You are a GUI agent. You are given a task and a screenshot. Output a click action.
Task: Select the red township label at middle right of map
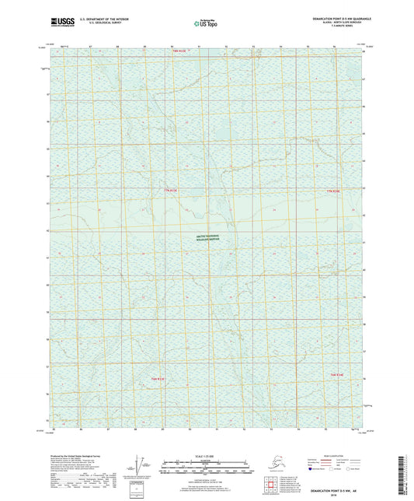[x=334, y=191]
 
